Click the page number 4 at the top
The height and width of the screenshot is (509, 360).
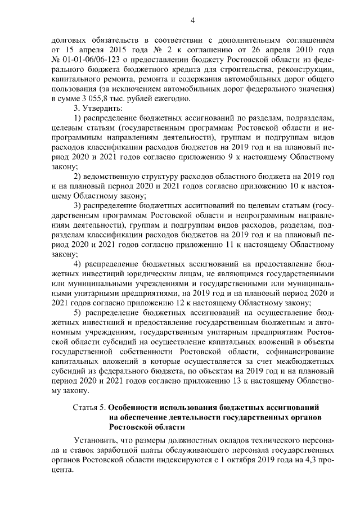click(x=192, y=21)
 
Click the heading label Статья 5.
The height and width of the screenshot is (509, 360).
click(x=89, y=406)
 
